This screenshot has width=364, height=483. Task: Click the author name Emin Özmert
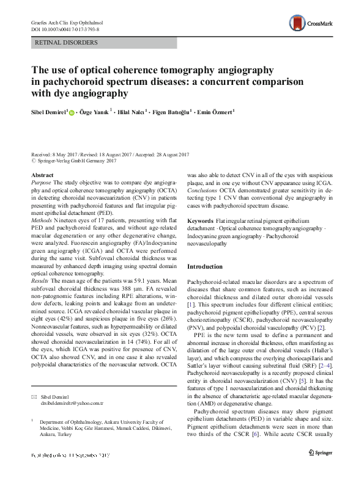point(214,112)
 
